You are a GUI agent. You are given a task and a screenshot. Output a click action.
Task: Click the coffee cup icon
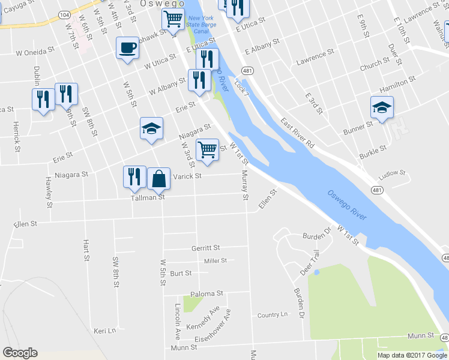coord(127,47)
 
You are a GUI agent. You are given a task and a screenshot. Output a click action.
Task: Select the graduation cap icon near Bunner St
coord(382,107)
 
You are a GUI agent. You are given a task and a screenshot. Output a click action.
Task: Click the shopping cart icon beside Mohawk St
coord(173,20)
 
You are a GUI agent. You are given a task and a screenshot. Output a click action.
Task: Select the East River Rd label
coord(298,133)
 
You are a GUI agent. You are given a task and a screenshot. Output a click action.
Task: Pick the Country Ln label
coord(273,315)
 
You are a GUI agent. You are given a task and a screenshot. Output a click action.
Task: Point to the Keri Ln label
coord(104,331)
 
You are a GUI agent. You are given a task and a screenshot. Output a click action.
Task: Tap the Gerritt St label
coord(206,248)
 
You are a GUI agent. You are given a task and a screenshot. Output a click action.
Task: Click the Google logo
coord(20,353)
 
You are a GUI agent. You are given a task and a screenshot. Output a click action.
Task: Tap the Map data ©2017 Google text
coord(412,355)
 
